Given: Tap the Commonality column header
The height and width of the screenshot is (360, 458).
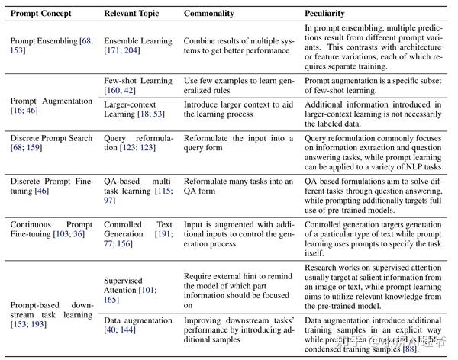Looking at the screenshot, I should (210, 13).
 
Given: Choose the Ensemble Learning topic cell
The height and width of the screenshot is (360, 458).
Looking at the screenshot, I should (133, 43).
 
